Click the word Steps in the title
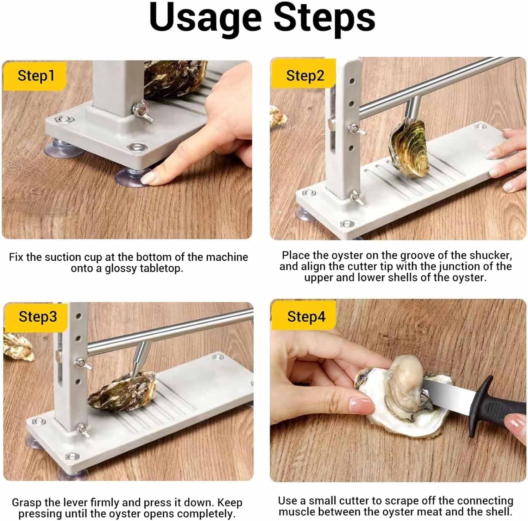pos(325,17)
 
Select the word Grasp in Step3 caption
pos(27,503)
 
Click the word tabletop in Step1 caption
pos(162,268)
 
